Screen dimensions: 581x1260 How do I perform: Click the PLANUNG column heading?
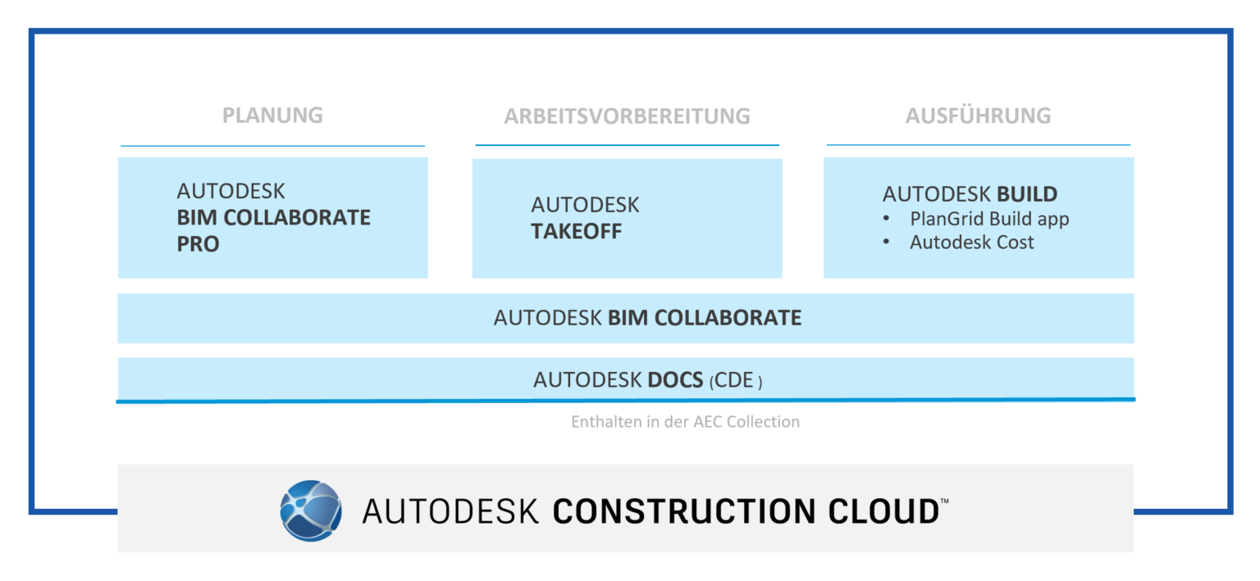[272, 115]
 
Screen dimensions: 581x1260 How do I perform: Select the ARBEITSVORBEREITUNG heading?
[627, 116]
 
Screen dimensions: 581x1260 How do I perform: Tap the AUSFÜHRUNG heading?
[978, 116]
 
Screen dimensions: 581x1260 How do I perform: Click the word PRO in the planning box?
[198, 244]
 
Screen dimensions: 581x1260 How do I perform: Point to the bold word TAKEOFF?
[576, 231]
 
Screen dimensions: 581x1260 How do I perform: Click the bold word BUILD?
[1027, 194]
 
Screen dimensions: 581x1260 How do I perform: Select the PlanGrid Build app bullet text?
[988, 219]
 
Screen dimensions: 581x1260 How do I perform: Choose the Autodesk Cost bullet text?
[971, 242]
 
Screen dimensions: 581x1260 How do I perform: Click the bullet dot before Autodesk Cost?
[886, 243]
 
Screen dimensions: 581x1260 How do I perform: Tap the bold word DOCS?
[674, 380]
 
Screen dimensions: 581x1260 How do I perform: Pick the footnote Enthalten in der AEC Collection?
[685, 422]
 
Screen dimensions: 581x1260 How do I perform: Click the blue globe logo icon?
[311, 511]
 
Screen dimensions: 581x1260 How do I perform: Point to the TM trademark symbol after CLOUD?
[944, 500]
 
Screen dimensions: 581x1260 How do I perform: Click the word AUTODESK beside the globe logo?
[450, 511]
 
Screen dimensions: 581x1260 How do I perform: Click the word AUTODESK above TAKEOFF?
[585, 205]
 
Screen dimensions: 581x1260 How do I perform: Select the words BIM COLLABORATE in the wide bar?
[704, 318]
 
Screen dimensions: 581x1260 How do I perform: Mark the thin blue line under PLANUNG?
[272, 147]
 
